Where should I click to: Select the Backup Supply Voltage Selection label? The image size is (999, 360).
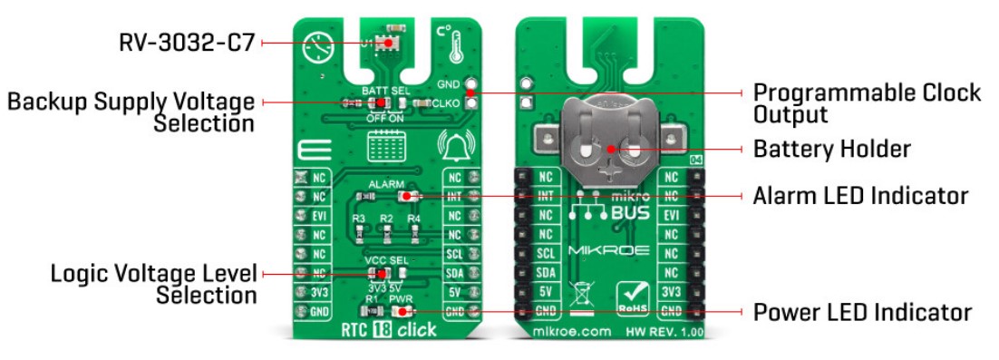pos(131,112)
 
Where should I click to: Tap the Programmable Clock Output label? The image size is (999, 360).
pos(867,103)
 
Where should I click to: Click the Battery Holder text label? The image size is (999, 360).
pos(832,148)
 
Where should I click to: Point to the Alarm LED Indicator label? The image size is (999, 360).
pos(860,195)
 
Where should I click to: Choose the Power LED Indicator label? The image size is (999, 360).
pos(862,313)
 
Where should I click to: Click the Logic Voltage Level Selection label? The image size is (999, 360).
pos(154,283)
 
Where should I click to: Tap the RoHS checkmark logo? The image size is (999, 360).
pos(635,297)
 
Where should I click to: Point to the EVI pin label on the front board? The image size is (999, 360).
pos(319,216)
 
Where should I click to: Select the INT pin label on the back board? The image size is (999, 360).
pos(546,197)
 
